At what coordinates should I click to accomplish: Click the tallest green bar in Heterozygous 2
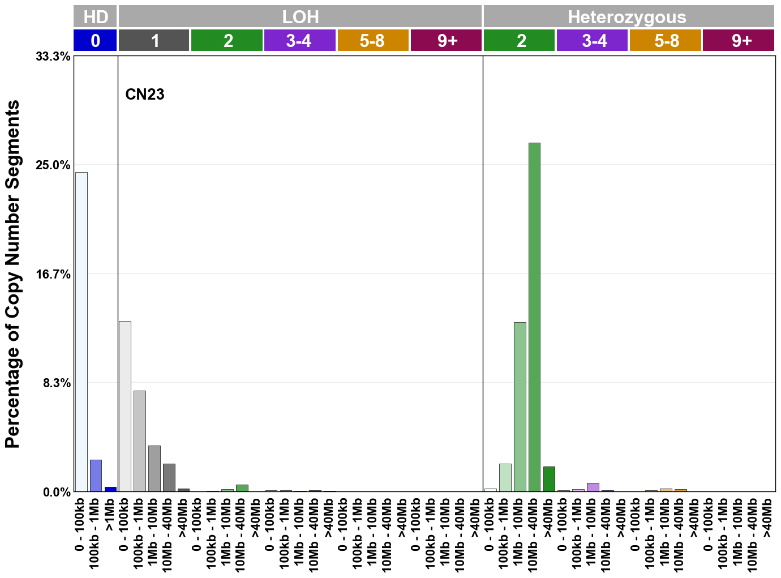(534, 317)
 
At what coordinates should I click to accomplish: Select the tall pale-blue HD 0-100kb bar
(81, 332)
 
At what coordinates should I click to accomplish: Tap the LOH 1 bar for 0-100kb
(125, 406)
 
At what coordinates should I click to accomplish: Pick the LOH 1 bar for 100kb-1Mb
(140, 441)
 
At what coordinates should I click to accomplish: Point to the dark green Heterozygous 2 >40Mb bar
(548, 479)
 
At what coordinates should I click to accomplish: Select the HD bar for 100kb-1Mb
(96, 476)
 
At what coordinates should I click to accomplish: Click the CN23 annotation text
(145, 94)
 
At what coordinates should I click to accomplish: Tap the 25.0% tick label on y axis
(53, 165)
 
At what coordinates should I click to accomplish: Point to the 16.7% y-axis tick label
(53, 275)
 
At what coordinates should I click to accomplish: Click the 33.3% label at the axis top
(53, 57)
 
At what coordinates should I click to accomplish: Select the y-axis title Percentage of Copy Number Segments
(12, 274)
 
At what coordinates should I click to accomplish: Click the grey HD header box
(95, 16)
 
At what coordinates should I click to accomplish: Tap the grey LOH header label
(300, 16)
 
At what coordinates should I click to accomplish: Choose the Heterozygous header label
(627, 17)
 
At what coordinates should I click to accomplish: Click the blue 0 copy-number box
(95, 41)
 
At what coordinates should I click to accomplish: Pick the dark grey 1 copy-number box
(154, 41)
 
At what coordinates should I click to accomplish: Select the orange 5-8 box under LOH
(372, 41)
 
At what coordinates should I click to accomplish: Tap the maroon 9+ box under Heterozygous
(739, 41)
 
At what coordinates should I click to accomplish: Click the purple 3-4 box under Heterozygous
(593, 41)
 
